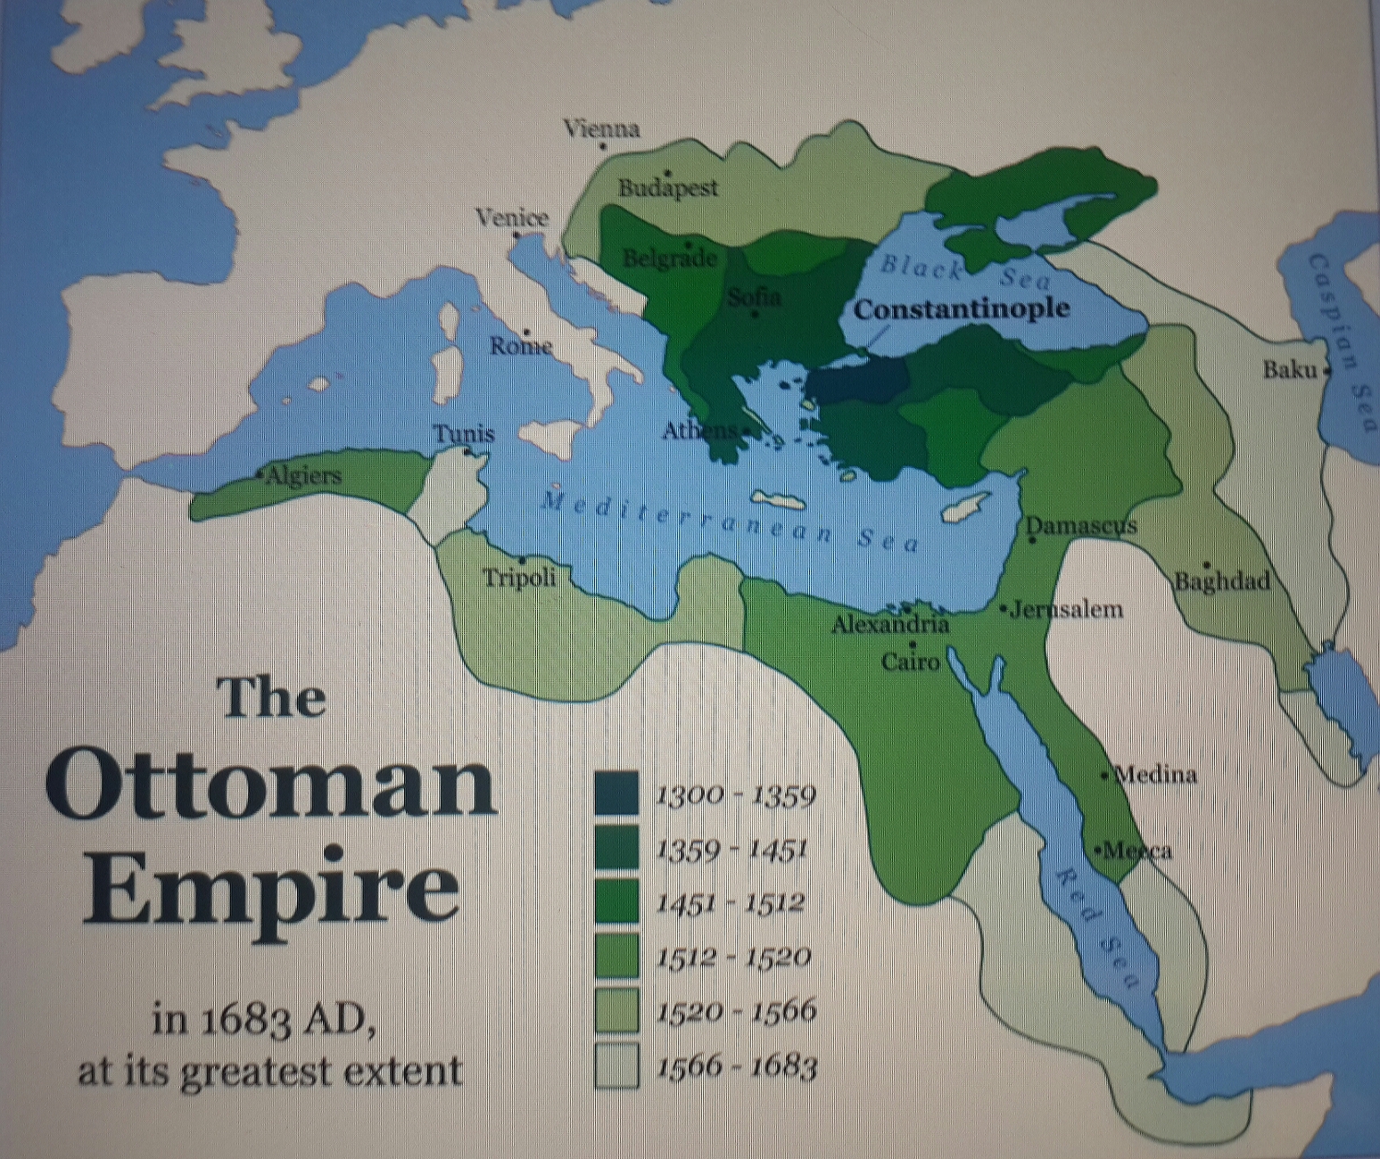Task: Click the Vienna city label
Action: click(x=601, y=129)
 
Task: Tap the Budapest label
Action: click(x=668, y=188)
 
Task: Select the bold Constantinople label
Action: click(x=961, y=308)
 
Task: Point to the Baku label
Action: click(x=1289, y=369)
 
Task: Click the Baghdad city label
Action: click(x=1221, y=582)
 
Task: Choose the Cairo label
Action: click(x=911, y=662)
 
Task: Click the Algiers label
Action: click(x=303, y=475)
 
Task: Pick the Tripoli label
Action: click(x=519, y=578)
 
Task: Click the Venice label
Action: click(x=511, y=218)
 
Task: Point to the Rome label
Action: click(x=520, y=346)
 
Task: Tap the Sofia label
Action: click(x=755, y=297)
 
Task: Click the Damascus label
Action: click(x=1081, y=525)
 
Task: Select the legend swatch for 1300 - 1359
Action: click(x=616, y=793)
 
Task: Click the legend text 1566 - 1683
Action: click(x=736, y=1066)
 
